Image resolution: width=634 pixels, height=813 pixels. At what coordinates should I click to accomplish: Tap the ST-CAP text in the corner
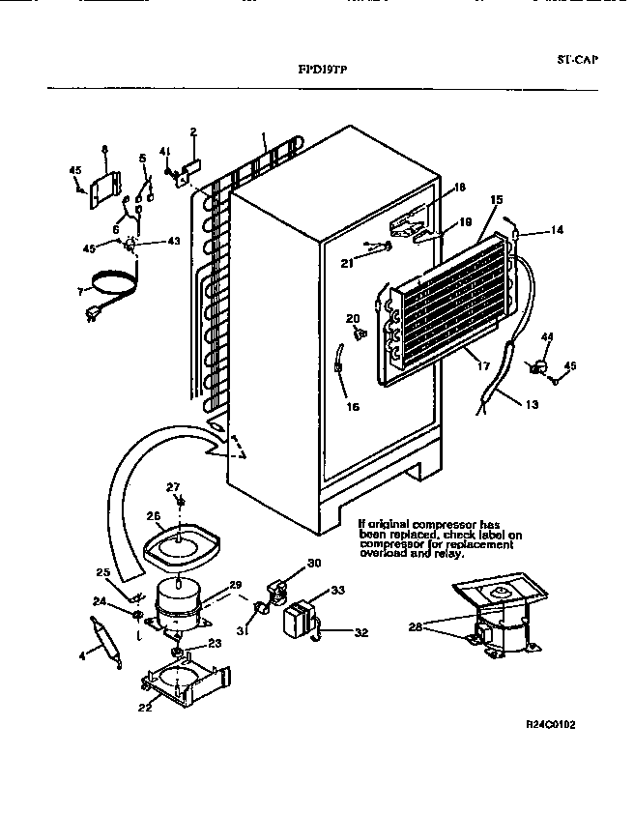(x=578, y=59)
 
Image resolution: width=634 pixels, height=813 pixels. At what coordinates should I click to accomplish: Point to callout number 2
(x=193, y=131)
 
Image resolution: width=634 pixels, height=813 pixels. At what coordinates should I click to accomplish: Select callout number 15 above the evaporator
(x=497, y=200)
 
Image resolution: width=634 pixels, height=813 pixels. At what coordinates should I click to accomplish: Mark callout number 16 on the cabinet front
(x=353, y=407)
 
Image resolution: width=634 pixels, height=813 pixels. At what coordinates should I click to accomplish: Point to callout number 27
(x=174, y=486)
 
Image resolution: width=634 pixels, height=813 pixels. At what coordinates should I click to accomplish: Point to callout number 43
(x=174, y=241)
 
